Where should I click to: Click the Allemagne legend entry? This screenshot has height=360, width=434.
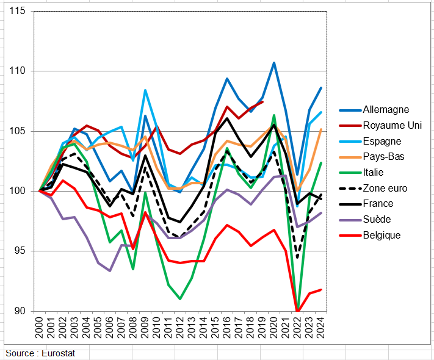(x=386, y=110)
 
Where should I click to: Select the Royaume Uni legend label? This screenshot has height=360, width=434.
(x=392, y=126)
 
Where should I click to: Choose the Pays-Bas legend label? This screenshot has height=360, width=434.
(x=383, y=157)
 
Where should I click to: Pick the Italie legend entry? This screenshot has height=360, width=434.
(x=376, y=173)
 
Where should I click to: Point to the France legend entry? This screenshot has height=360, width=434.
(x=378, y=204)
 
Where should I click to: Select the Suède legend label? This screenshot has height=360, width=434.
(x=377, y=220)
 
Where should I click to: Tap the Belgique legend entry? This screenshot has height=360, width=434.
(x=382, y=235)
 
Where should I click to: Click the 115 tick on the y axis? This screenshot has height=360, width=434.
(x=18, y=12)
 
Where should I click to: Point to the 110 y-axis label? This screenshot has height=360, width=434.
(x=18, y=71)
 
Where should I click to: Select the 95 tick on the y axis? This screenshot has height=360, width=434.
(x=21, y=251)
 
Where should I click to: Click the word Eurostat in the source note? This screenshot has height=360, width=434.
(x=58, y=354)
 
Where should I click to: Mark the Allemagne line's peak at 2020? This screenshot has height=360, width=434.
(x=274, y=62)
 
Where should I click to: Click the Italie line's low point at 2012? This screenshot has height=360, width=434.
(x=180, y=299)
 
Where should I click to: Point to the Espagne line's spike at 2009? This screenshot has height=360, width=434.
(x=145, y=90)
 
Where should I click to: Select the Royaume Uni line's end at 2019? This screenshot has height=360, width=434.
(x=262, y=101)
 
